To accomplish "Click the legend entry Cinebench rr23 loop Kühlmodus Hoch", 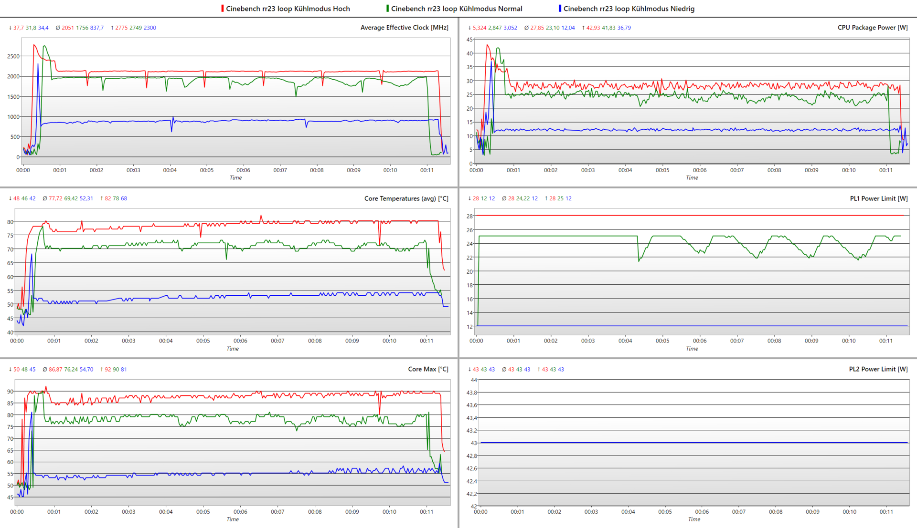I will (x=288, y=9).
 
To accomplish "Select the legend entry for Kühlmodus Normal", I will (x=456, y=9).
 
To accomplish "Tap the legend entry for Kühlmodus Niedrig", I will (x=629, y=9).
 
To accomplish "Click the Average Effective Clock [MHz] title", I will (x=404, y=28).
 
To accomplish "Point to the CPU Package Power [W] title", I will (x=873, y=28).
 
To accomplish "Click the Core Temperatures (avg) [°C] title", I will (x=406, y=198).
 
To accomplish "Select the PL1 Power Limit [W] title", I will (x=879, y=198).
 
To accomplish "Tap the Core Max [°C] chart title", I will (x=428, y=369).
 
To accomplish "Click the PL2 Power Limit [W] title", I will (x=878, y=369).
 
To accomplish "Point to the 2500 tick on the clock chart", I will (x=13, y=56).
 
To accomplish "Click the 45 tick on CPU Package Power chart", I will (x=469, y=40).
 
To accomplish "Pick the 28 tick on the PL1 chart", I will (x=469, y=216).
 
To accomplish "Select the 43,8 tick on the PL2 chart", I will (x=471, y=393).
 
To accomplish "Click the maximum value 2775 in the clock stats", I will (x=121, y=28).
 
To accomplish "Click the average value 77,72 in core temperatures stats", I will (x=55, y=198).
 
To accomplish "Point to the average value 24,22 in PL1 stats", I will (x=523, y=198).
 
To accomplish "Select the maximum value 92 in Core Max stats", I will (x=108, y=370).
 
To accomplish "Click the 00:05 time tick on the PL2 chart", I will (x=665, y=512).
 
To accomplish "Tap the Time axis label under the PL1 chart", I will (x=692, y=349).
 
